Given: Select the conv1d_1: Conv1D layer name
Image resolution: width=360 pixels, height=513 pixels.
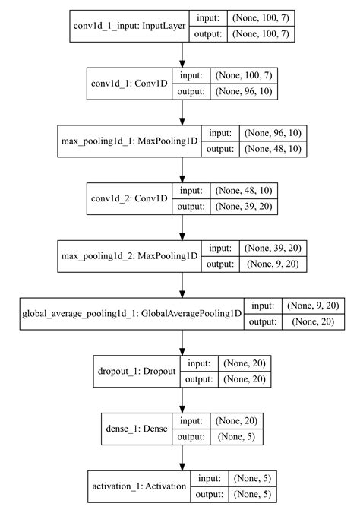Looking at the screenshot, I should [x=124, y=83].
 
